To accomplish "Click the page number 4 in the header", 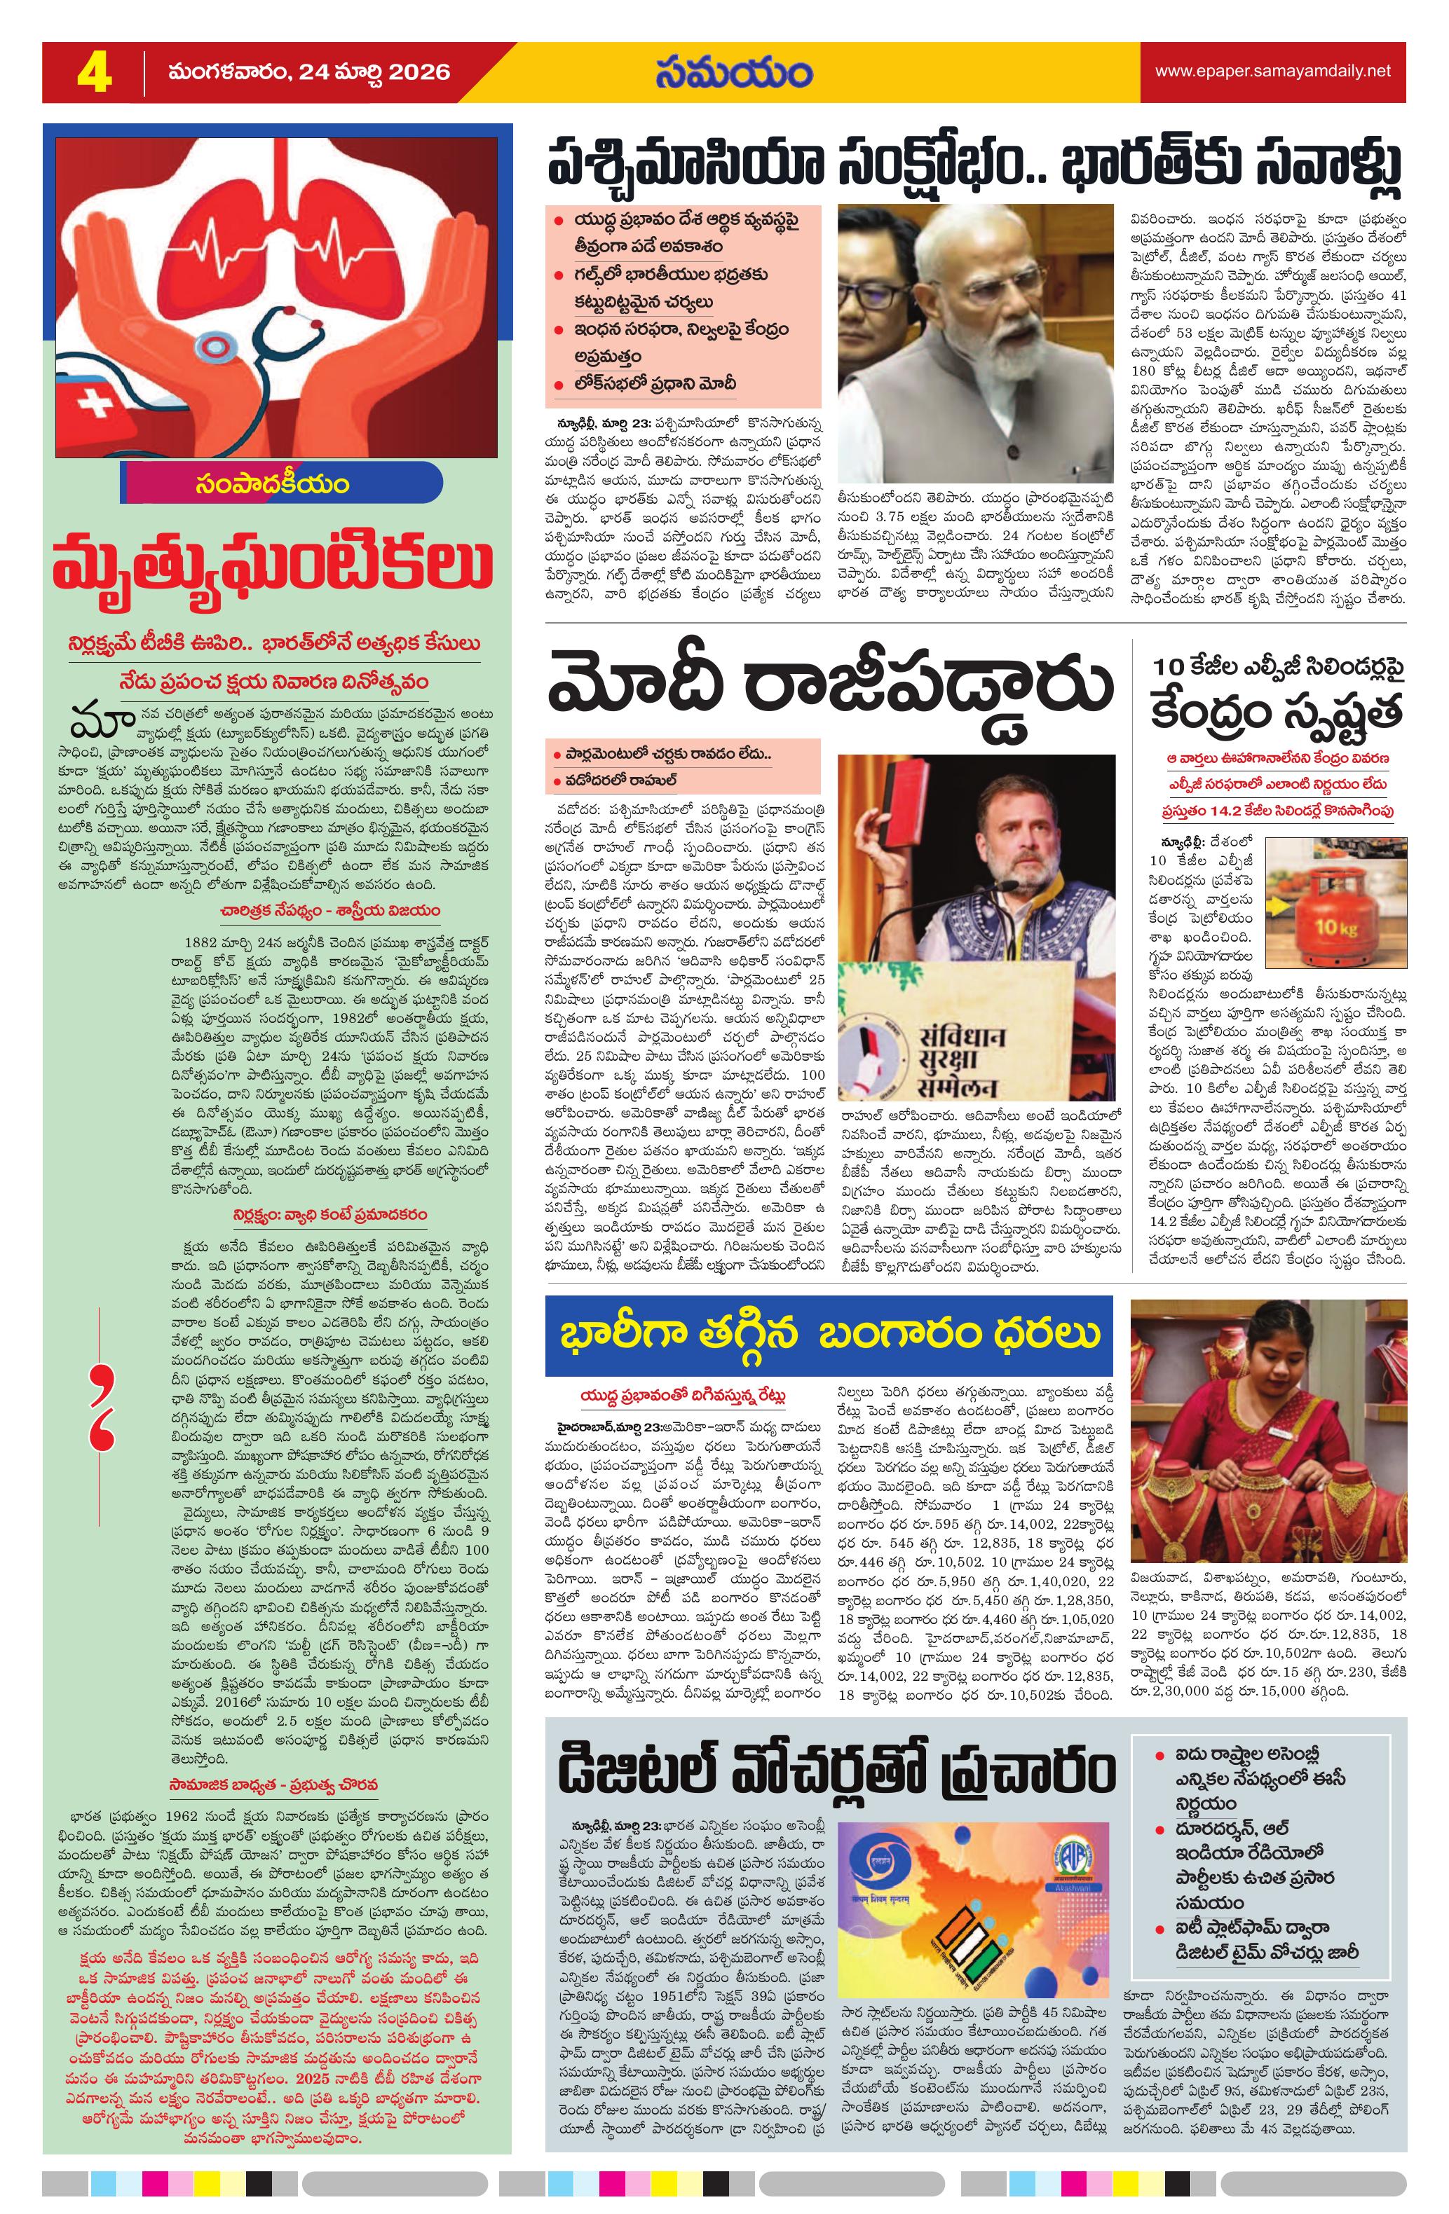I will [93, 73].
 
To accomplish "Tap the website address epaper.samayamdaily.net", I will [1272, 71].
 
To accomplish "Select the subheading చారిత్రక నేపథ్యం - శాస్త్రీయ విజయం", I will [330, 910].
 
